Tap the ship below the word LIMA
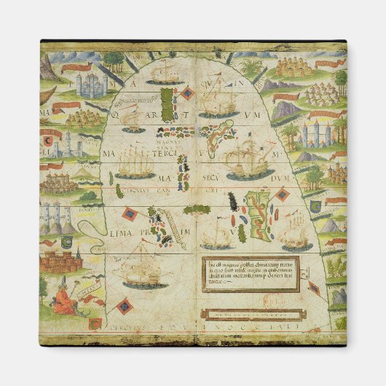pos(140,271)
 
